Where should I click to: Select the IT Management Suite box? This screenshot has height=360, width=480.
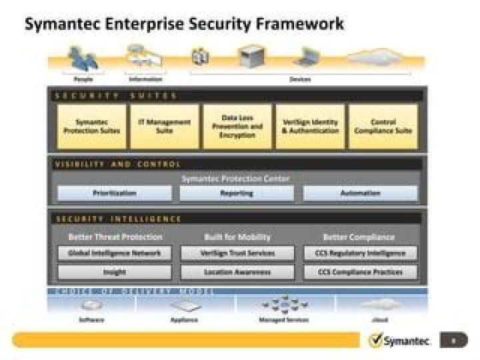pyautogui.click(x=164, y=127)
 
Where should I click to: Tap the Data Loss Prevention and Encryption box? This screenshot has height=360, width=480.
pyautogui.click(x=237, y=127)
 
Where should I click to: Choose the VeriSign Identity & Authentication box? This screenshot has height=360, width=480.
pyautogui.click(x=310, y=127)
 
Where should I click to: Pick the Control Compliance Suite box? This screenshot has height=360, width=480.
pyautogui.click(x=383, y=127)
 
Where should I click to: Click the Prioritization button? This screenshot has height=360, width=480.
pyautogui.click(x=115, y=193)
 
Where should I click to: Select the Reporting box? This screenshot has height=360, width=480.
pyautogui.click(x=237, y=193)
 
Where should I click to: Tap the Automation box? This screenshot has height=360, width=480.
pyautogui.click(x=361, y=193)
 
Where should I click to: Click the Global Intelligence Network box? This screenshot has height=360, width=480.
pyautogui.click(x=115, y=253)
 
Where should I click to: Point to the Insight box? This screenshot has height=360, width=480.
pyautogui.click(x=115, y=272)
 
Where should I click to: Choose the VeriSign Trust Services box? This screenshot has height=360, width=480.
pyautogui.click(x=237, y=253)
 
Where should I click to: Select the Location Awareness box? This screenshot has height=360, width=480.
pyautogui.click(x=237, y=272)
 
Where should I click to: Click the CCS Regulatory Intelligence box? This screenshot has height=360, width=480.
pyautogui.click(x=361, y=253)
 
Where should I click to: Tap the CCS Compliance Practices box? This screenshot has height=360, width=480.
pyautogui.click(x=361, y=272)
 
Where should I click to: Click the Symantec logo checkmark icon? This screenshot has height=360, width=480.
pyautogui.click(x=375, y=340)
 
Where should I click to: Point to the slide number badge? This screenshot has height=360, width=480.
pyautogui.click(x=454, y=340)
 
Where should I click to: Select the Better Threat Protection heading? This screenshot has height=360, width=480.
pyautogui.click(x=115, y=237)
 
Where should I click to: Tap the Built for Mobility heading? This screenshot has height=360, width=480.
pyautogui.click(x=237, y=237)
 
